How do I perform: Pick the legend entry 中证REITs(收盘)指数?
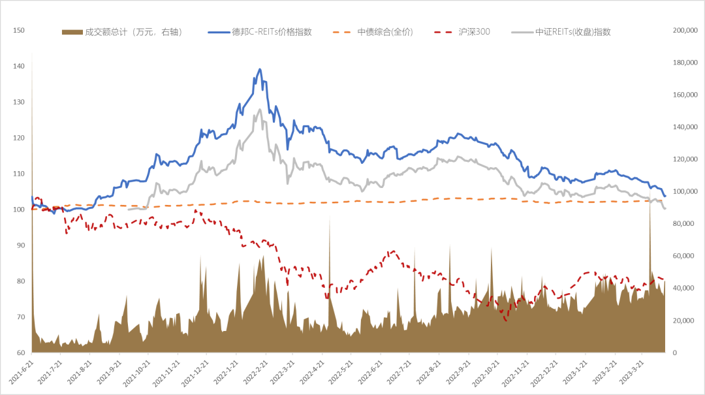[573, 32]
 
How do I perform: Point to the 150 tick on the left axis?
[18, 31]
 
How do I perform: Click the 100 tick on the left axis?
[18, 210]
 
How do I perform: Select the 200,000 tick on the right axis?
[685, 31]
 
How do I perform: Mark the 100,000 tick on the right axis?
[685, 192]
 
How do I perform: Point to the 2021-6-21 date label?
[26, 375]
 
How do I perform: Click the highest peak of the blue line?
[260, 69]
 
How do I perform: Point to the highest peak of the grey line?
[260, 109]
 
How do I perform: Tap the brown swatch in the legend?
[72, 32]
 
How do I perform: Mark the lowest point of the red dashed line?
[505, 321]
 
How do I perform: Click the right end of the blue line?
[665, 196]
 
